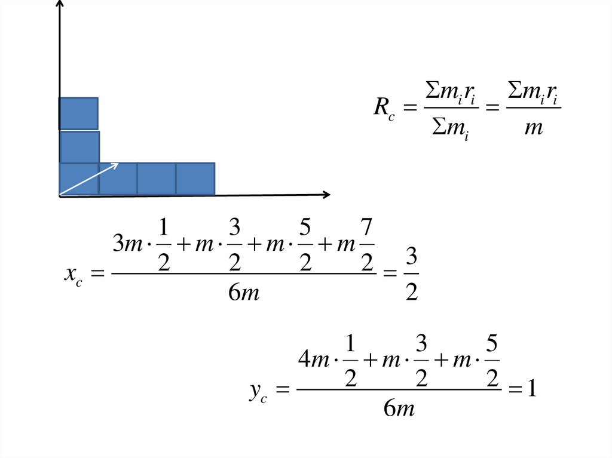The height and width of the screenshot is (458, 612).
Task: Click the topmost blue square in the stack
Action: point(78,113)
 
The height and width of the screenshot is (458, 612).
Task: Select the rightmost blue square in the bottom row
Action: point(195,179)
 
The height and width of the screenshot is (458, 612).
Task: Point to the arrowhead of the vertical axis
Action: point(60,5)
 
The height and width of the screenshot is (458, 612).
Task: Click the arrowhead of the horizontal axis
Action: point(326,194)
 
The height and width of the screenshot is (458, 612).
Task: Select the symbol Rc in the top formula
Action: point(384,108)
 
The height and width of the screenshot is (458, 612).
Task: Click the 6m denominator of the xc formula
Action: point(244,293)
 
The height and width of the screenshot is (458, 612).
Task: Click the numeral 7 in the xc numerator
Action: point(366,228)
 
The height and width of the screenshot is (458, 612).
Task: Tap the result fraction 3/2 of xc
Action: point(411,275)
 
